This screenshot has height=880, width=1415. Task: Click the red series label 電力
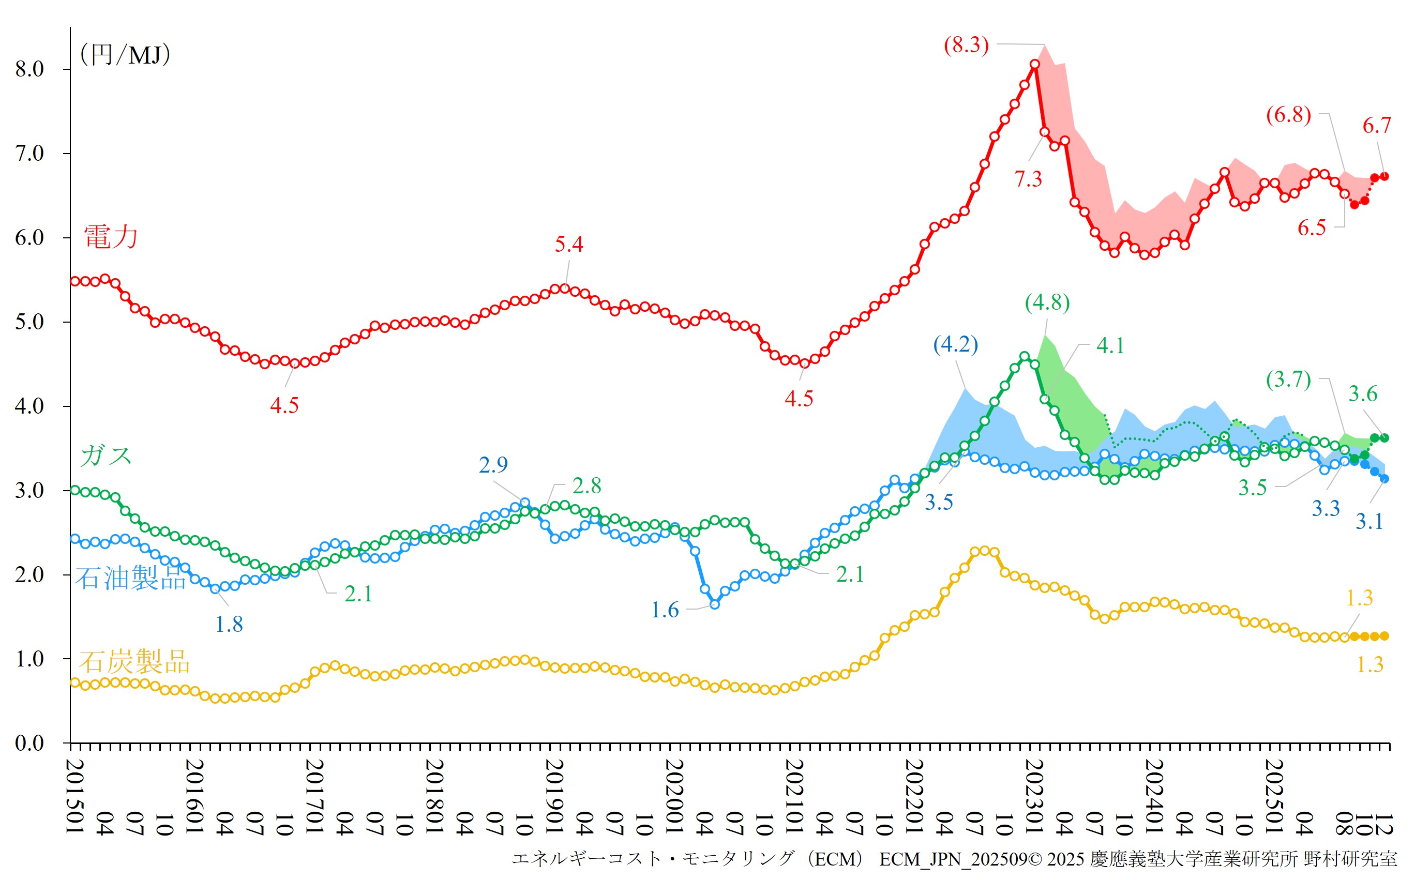point(111,237)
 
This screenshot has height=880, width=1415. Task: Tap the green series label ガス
point(106,455)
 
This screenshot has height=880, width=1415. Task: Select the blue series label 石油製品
point(130,578)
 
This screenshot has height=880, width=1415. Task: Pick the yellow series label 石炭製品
point(134,662)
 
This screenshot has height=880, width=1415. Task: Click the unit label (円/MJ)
point(125,55)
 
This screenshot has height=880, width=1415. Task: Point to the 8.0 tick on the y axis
point(29,69)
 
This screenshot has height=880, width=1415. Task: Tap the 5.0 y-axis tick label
point(29,322)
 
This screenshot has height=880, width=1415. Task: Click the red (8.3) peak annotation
point(966,45)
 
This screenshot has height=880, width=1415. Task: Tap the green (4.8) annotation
point(1047,302)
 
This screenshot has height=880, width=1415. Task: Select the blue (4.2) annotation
point(955,344)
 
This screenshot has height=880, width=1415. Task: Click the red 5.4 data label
point(569,245)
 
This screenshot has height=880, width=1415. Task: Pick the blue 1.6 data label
point(665,611)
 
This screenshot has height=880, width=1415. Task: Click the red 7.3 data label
point(1028,179)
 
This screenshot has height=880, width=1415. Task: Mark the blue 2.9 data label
point(493,465)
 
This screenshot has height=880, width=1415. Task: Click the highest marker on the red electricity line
point(1034,65)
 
